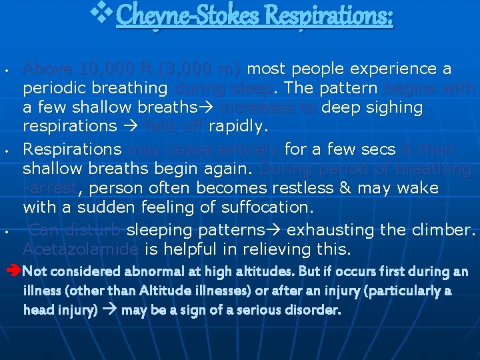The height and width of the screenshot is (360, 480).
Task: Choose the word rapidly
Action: (239, 126)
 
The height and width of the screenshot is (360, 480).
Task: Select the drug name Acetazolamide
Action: (81, 250)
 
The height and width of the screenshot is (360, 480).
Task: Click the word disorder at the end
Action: (313, 310)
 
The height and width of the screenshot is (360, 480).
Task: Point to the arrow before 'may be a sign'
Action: (111, 310)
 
